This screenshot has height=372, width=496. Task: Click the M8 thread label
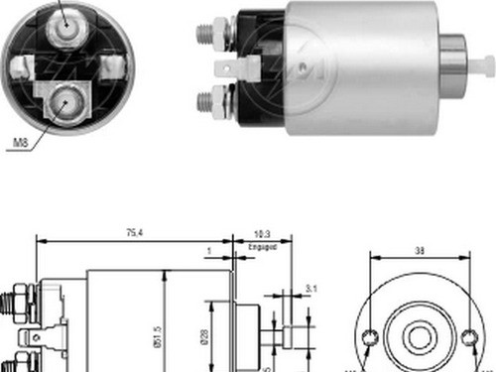[x=19, y=145]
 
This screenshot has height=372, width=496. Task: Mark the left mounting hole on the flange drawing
[x=368, y=338]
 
